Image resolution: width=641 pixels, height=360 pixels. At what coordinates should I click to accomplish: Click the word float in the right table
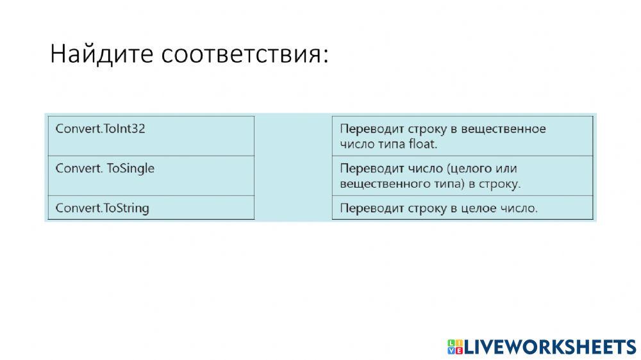pos(422,144)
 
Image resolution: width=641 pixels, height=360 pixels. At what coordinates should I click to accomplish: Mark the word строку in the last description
pos(424,208)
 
